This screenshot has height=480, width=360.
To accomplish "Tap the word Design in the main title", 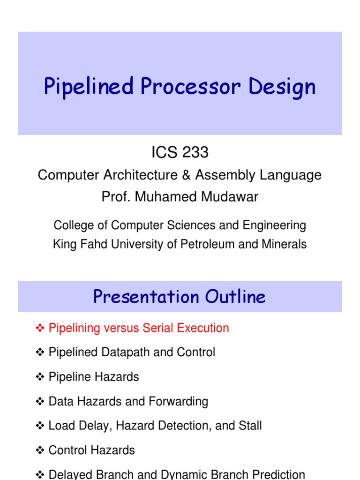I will pyautogui.click(x=283, y=88).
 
